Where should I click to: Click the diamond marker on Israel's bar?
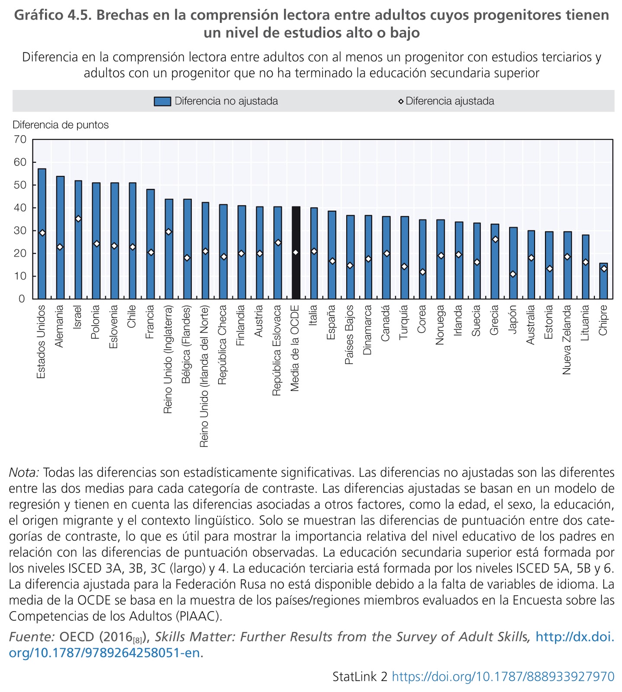(78, 219)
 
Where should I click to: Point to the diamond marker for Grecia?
(495, 240)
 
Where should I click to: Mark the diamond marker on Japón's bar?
(513, 274)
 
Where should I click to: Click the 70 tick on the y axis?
(20, 139)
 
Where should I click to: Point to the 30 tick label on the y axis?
(20, 231)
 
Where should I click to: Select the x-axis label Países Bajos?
(350, 335)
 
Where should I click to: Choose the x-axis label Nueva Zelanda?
(567, 340)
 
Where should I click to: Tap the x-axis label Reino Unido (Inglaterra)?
(168, 359)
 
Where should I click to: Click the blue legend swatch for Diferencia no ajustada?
(162, 101)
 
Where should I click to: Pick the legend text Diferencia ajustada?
(450, 101)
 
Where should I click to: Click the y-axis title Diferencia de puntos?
(61, 125)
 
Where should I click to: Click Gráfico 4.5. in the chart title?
(52, 16)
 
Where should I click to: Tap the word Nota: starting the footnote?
(24, 472)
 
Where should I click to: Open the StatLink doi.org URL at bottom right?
(503, 676)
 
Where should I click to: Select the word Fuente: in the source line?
(32, 637)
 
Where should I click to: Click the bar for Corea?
(422, 259)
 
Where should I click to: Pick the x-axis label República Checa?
(222, 345)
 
